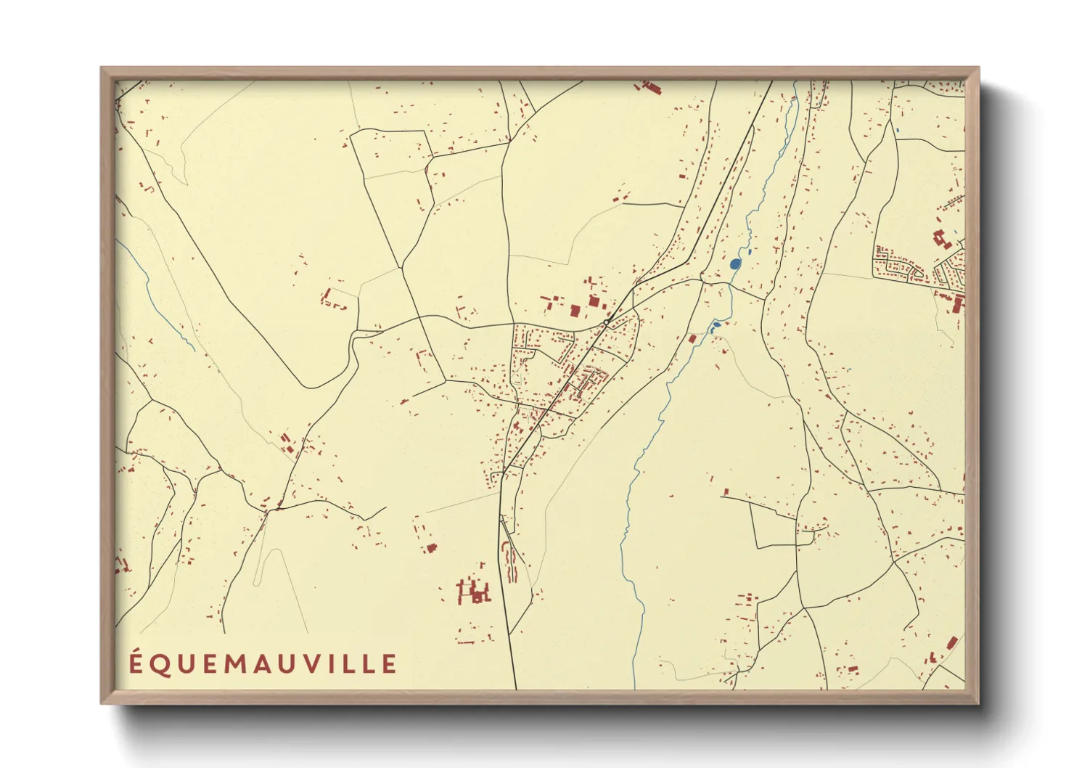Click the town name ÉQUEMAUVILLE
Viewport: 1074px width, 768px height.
[x=263, y=663]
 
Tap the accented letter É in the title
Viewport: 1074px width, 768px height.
[x=136, y=663]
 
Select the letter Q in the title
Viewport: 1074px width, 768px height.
[x=160, y=664]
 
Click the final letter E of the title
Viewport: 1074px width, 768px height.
[x=390, y=664]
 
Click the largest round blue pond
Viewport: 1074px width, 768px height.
[x=735, y=264]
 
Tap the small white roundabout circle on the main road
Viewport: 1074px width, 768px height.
[x=606, y=322]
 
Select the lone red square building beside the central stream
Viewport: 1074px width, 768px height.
[x=692, y=338]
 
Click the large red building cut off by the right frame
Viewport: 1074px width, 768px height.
[x=957, y=303]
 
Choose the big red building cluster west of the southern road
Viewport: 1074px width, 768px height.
[x=473, y=591]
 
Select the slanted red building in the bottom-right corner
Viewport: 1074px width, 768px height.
[x=951, y=642]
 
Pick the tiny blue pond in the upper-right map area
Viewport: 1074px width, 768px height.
[x=898, y=131]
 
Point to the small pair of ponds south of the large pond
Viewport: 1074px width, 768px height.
[x=715, y=327]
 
